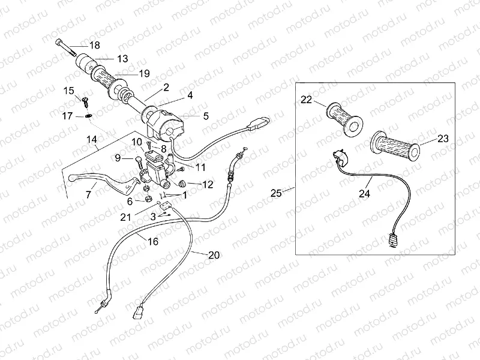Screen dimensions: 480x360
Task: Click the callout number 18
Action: click(x=95, y=46)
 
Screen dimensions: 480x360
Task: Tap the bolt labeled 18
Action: click(x=66, y=47)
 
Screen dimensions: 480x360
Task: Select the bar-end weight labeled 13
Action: click(x=85, y=64)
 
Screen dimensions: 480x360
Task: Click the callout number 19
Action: click(x=144, y=73)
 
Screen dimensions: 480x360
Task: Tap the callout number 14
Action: click(x=92, y=140)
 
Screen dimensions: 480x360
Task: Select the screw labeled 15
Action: click(x=85, y=101)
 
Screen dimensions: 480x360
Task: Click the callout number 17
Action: click(x=68, y=116)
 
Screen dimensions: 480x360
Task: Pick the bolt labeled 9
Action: click(x=139, y=161)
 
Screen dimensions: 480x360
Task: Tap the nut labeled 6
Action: click(x=148, y=199)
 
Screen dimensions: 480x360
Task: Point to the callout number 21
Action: click(x=125, y=217)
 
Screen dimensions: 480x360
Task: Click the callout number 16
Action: click(x=153, y=242)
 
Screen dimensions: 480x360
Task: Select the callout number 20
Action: click(x=214, y=255)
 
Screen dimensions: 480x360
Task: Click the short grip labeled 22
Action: click(x=345, y=119)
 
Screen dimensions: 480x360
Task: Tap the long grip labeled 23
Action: click(x=395, y=146)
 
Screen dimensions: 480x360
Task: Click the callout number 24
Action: click(x=364, y=193)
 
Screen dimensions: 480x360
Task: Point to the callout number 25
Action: click(x=277, y=193)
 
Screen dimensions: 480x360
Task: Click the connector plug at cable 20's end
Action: click(x=138, y=311)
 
